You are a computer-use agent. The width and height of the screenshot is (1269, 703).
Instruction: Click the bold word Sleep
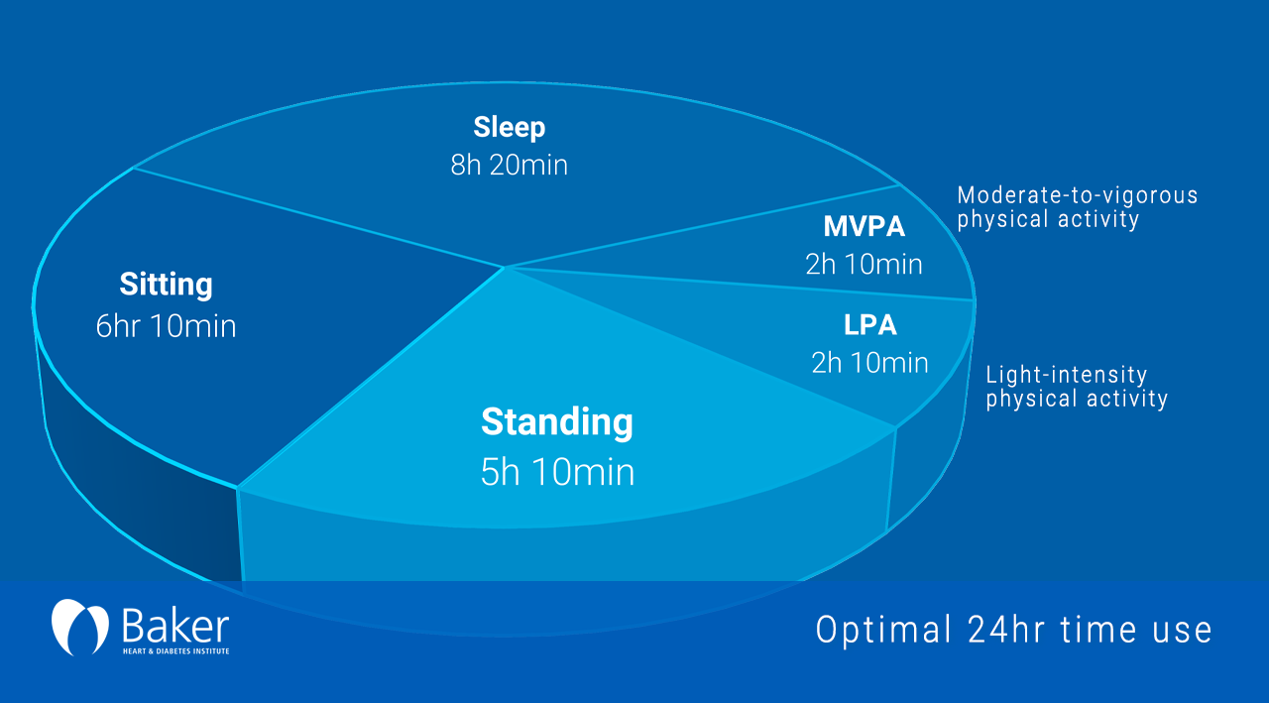[509, 128]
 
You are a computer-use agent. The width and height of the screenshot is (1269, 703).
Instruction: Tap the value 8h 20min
[509, 165]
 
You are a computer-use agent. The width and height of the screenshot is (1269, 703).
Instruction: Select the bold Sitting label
[166, 286]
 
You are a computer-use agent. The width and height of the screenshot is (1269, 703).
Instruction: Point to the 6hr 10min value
[166, 326]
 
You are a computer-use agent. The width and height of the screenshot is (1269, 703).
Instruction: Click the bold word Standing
[556, 422]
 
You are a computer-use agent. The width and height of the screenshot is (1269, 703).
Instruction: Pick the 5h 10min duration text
[556, 472]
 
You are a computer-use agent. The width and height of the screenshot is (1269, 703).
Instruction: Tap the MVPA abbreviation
[864, 227]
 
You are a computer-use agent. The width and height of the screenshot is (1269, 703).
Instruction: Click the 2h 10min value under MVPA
[864, 265]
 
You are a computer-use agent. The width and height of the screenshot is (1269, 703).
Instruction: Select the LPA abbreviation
[869, 325]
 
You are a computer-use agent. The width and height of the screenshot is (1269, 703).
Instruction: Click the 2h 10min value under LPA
[869, 363]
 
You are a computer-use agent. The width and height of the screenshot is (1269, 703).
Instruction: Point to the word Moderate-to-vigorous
[1078, 195]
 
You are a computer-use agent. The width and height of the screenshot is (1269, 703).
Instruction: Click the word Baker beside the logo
[174, 625]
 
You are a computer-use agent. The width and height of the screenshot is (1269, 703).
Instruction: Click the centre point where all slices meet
[505, 267]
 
